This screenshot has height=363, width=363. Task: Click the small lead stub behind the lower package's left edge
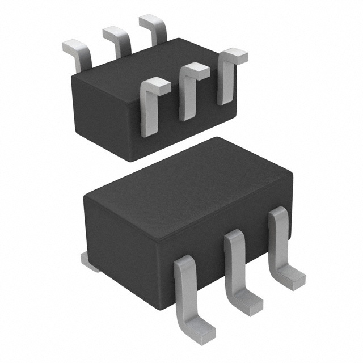point(90,261)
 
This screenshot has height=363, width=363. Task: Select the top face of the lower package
point(187,181)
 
